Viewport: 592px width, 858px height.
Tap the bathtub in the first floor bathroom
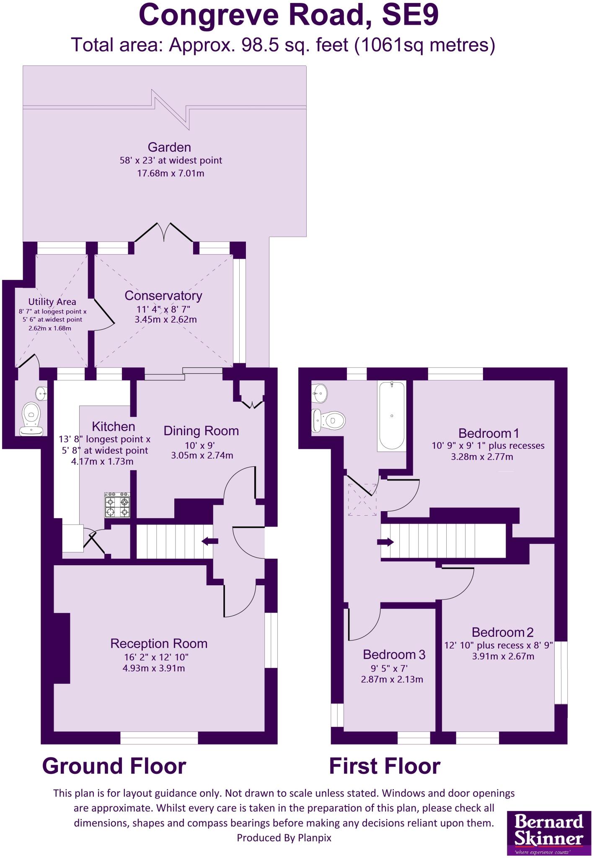[x=391, y=416]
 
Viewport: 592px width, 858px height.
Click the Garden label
[x=169, y=147]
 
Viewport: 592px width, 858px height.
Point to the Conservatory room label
[x=163, y=296]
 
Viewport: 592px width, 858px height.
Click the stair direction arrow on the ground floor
[x=210, y=541]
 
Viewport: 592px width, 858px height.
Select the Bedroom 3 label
[x=394, y=654]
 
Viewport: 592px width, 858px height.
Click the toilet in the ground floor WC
[x=31, y=415]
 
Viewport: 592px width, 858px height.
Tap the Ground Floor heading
[x=114, y=766]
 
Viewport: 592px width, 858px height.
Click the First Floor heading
[x=385, y=766]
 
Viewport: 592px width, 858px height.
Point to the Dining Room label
[x=201, y=431]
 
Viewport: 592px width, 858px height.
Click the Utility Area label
[x=52, y=302]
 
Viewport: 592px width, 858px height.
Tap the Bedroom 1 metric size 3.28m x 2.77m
[x=482, y=457]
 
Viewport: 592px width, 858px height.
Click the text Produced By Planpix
[x=284, y=837]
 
